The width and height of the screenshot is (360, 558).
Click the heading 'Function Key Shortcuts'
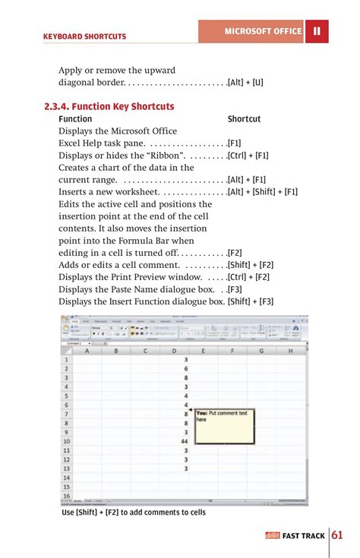point(109,106)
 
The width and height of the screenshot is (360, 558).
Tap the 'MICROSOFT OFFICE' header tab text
point(263,31)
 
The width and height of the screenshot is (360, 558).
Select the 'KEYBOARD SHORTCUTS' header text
point(85,36)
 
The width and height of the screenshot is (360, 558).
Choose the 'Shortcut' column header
point(244,119)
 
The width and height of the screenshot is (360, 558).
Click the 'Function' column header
point(75,119)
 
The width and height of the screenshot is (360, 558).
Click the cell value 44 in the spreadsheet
point(185,441)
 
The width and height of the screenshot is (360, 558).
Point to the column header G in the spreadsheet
point(261,351)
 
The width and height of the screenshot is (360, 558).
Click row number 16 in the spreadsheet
point(67,496)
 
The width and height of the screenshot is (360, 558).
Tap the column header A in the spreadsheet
point(87,351)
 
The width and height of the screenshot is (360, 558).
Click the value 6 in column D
point(186,368)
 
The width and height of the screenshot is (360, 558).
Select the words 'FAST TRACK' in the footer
point(303,536)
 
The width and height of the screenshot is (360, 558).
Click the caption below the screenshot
point(134,512)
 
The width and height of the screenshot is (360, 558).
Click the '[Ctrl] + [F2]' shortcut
point(249,277)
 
